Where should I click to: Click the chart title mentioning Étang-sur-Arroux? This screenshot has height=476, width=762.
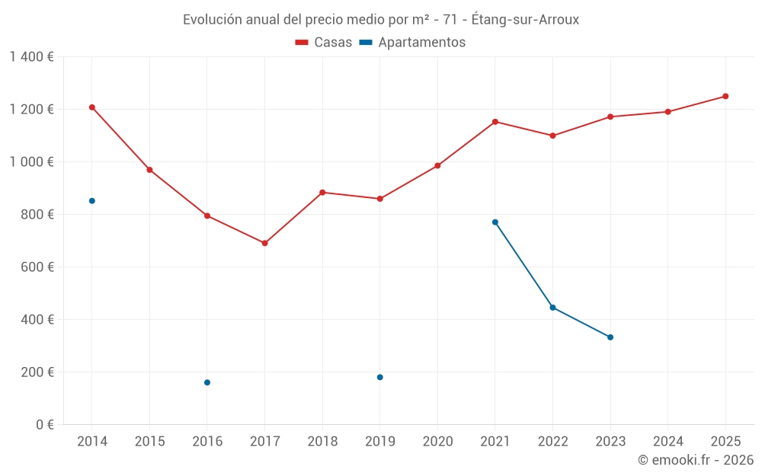[x=381, y=20]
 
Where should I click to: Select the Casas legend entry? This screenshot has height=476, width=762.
[x=324, y=43]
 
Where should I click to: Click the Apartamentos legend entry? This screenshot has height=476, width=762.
[x=412, y=43]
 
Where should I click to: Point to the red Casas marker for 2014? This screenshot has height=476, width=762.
[x=92, y=107]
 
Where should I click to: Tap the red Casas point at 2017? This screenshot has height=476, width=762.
[x=264, y=244]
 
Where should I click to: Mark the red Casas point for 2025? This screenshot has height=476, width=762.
[x=725, y=96]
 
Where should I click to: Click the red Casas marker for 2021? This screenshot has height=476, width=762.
[x=495, y=122]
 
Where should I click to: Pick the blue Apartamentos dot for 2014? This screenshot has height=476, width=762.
[x=92, y=201]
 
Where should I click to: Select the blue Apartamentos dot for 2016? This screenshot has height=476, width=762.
[x=207, y=382]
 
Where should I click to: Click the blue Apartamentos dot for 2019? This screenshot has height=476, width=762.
[x=380, y=377]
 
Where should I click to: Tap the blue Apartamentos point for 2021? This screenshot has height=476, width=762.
[x=495, y=222]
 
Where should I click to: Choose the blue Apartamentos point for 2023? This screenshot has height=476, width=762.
[x=610, y=337]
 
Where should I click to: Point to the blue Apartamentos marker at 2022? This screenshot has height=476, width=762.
[x=552, y=308]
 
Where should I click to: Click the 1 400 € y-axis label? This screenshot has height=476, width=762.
[x=31, y=57]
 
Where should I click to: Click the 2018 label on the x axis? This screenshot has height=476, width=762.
[x=322, y=442]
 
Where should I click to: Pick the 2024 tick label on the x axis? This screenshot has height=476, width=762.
[x=668, y=442]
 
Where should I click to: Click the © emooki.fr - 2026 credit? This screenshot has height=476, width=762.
[x=695, y=460]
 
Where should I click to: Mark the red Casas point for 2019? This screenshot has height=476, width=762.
[x=380, y=199]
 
